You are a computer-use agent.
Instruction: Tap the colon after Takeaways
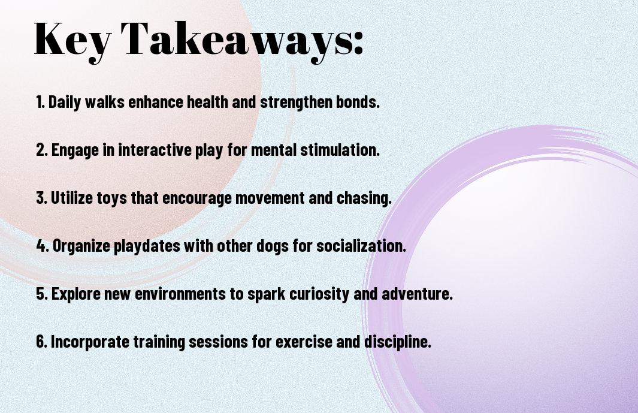(x=358, y=43)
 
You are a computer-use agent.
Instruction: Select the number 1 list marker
(x=40, y=102)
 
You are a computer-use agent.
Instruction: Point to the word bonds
(x=358, y=102)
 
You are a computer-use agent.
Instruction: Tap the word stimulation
(x=340, y=150)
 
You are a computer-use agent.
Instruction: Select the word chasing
(x=364, y=198)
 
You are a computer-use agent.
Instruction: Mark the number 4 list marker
(x=43, y=246)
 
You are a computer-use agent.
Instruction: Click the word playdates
(x=147, y=246)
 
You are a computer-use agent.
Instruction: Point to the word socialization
(x=361, y=246)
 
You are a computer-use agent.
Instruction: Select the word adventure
(x=417, y=294)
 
